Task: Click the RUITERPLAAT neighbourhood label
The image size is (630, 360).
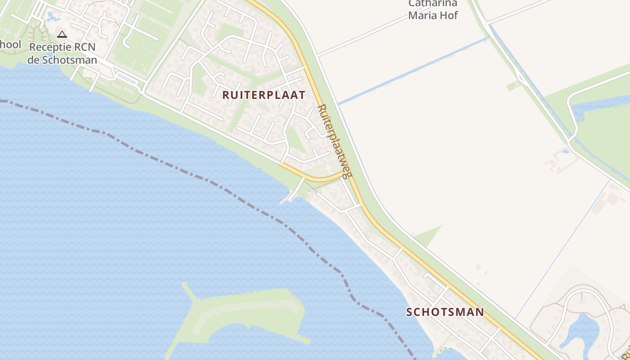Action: pyautogui.click(x=264, y=95)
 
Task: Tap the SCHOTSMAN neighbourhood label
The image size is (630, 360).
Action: pyautogui.click(x=445, y=312)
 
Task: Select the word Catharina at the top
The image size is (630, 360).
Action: pyautogui.click(x=432, y=4)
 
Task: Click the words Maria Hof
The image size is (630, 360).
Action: pyautogui.click(x=432, y=15)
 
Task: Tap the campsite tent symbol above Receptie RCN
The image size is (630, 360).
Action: pyautogui.click(x=62, y=34)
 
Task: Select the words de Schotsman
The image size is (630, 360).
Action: pyautogui.click(x=62, y=60)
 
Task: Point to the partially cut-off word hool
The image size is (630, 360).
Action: pyautogui.click(x=11, y=45)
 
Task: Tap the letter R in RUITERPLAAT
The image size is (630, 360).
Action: pyautogui.click(x=226, y=95)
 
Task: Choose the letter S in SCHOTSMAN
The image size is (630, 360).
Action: pyautogui.click(x=409, y=312)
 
